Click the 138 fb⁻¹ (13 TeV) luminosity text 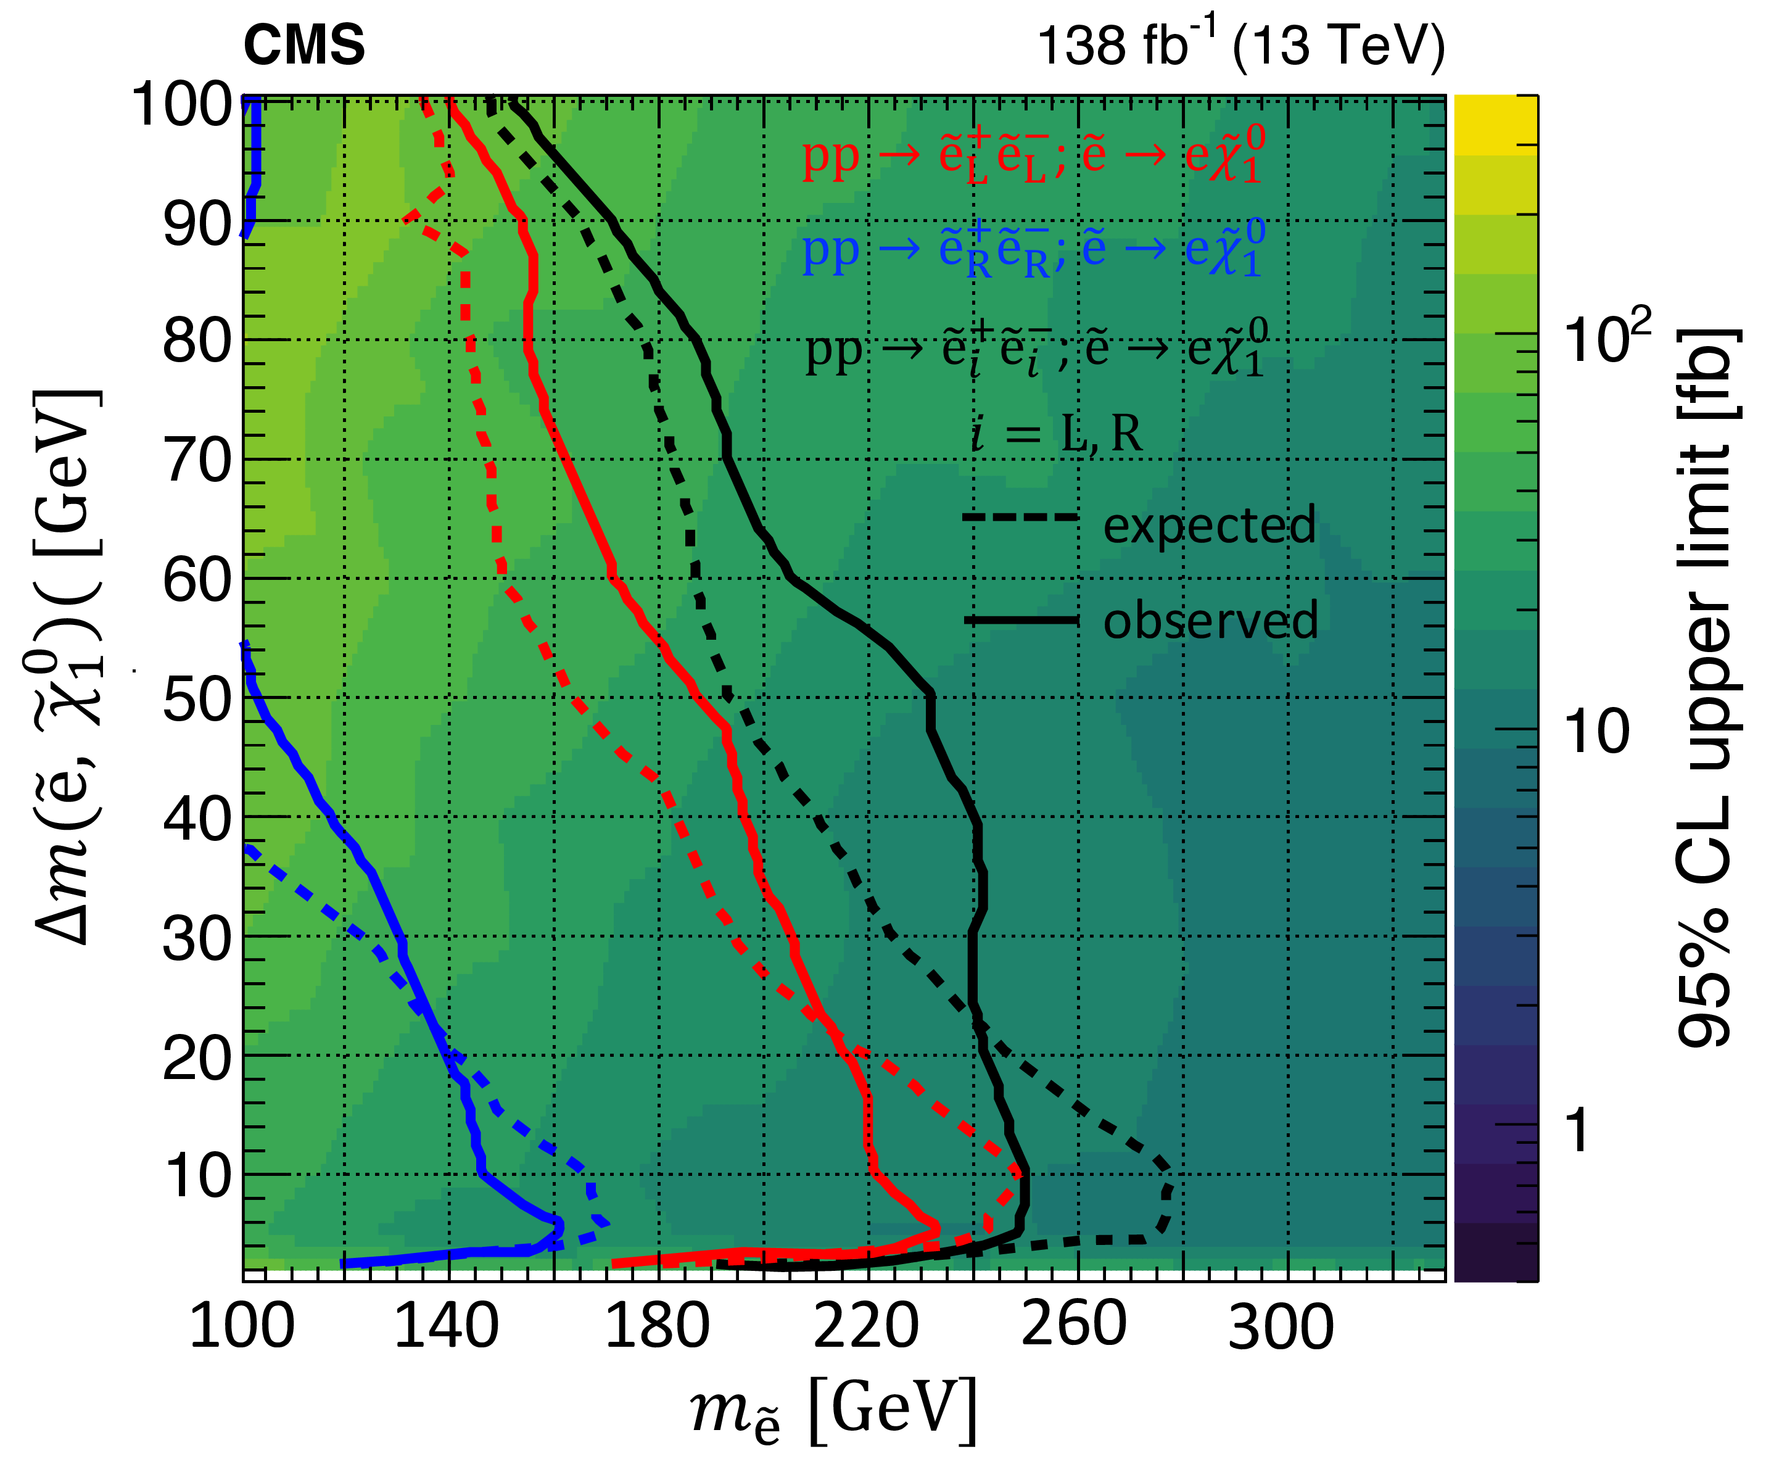click(1240, 44)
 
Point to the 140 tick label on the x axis click(446, 1326)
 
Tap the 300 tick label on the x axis click(1280, 1326)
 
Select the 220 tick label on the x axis click(865, 1326)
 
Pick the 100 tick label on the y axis click(183, 104)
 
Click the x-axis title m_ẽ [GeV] click(833, 1413)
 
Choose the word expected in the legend click(1208, 525)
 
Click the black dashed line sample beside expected click(1019, 518)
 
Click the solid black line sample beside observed click(1019, 621)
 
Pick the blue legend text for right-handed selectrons click(1033, 250)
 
